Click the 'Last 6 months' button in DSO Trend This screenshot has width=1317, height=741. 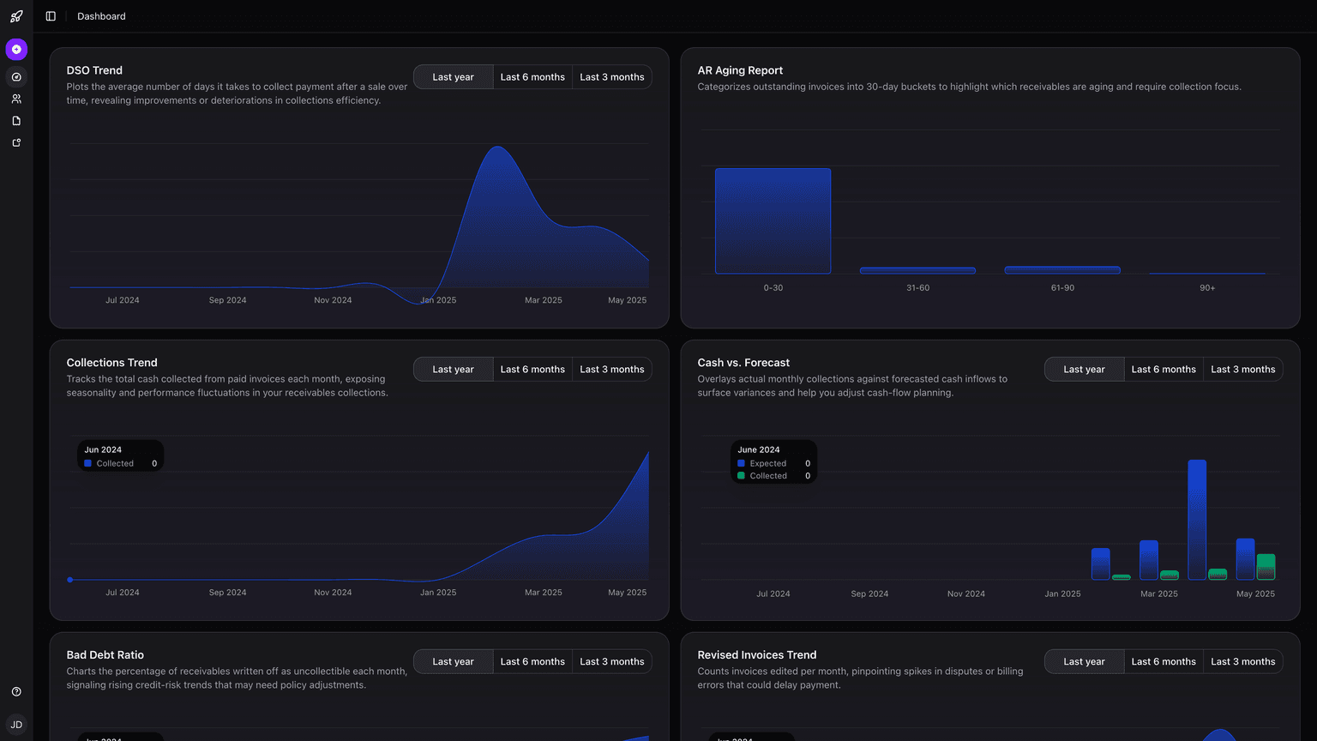(532, 77)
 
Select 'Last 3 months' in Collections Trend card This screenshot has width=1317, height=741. (611, 370)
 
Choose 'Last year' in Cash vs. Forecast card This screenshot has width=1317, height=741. (1084, 370)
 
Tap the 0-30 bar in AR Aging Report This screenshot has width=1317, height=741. (773, 221)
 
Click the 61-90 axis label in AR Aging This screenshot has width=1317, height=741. (1062, 288)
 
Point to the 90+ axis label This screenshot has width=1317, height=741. (1207, 288)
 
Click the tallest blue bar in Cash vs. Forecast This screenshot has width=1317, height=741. (1197, 519)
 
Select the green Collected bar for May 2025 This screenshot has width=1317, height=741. (1266, 566)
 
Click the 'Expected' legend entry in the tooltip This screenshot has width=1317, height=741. (767, 463)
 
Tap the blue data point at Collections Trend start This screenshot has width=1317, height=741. (70, 580)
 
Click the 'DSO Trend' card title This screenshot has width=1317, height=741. (94, 70)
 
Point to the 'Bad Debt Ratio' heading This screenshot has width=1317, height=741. (105, 655)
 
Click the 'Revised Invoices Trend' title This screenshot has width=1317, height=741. (756, 655)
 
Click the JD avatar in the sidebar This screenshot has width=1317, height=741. (16, 725)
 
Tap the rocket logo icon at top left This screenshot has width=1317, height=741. (16, 16)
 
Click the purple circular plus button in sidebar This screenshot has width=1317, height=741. (16, 49)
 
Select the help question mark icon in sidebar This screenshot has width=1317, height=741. (16, 692)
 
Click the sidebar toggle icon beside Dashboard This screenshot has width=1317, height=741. (51, 16)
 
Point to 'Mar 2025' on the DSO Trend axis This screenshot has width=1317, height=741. (544, 300)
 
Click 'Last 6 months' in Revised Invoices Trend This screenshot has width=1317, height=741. (1164, 662)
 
